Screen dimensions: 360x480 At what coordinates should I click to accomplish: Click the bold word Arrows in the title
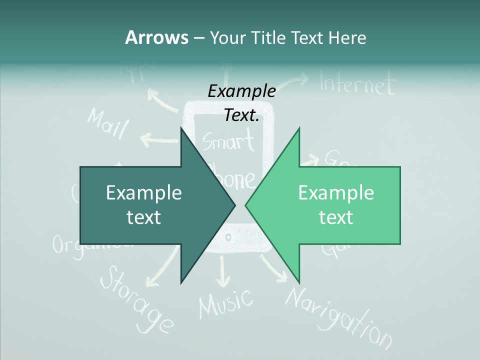(x=156, y=38)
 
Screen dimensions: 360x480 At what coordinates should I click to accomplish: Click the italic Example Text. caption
(x=241, y=102)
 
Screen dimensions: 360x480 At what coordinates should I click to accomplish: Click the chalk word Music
(x=225, y=302)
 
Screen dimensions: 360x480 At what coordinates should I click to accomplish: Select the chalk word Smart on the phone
(x=228, y=142)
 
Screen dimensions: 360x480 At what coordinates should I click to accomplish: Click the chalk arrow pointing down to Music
(x=223, y=270)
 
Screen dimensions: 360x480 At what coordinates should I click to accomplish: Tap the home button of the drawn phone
(x=228, y=237)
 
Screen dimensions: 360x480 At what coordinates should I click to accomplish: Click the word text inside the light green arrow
(x=336, y=217)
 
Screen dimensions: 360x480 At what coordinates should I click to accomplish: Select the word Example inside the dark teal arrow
(x=143, y=192)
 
